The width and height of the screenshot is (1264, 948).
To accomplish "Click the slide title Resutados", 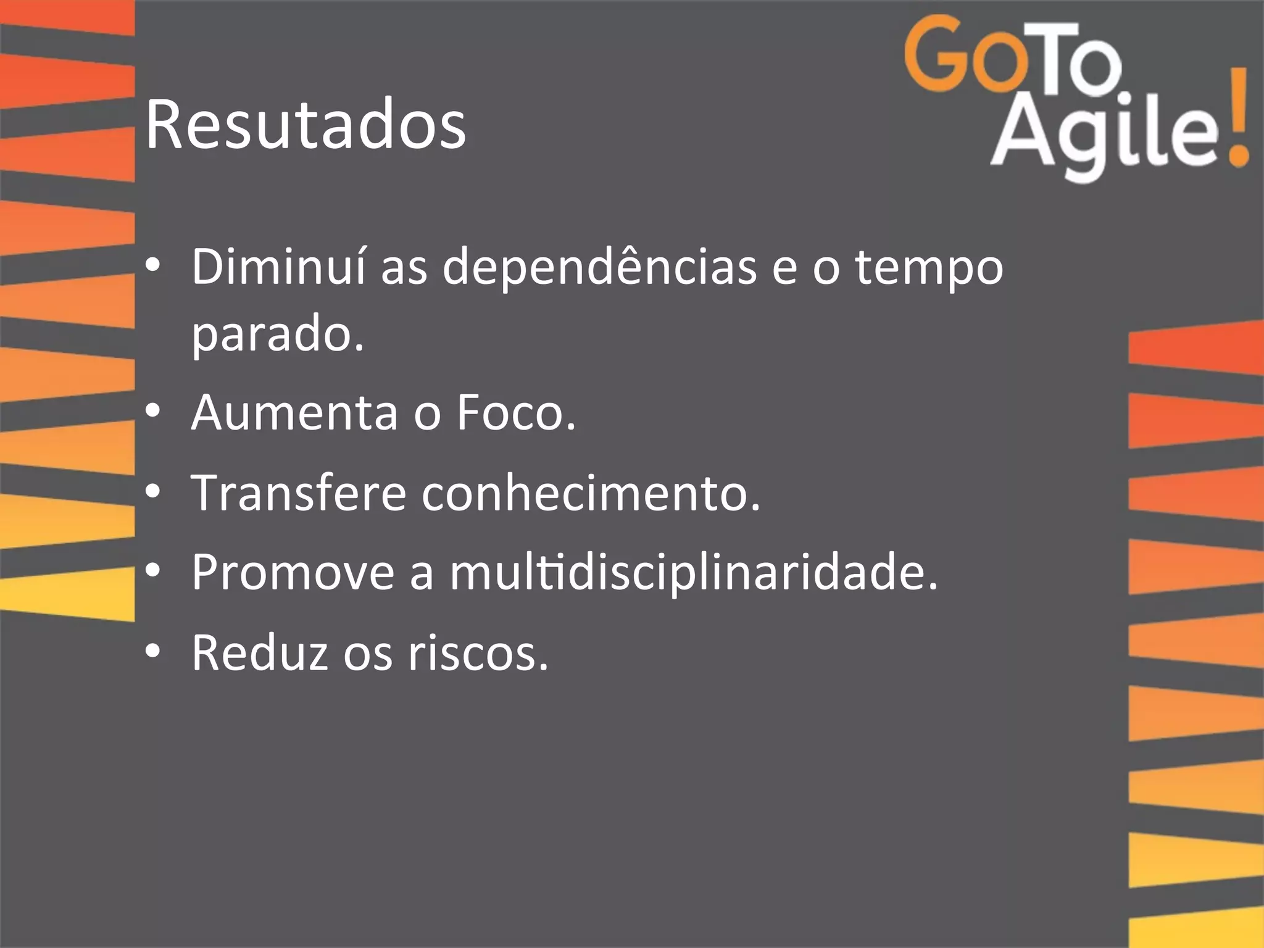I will pyautogui.click(x=306, y=126).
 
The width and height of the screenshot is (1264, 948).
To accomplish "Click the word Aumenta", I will pyautogui.click(x=295, y=412).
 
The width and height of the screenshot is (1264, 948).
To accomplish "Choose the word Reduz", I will pyautogui.click(x=259, y=653).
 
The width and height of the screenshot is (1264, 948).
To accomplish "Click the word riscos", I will pyautogui.click(x=478, y=653).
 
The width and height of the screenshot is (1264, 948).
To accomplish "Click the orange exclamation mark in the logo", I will pyautogui.click(x=1236, y=117).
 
